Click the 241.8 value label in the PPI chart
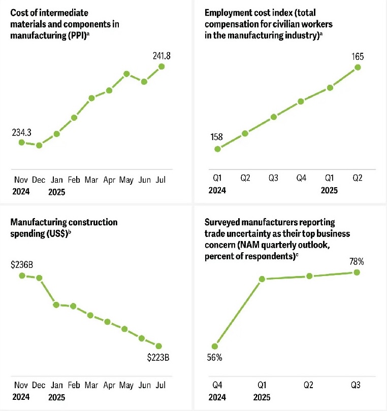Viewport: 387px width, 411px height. [162, 56]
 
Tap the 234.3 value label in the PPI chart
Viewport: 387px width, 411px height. [21, 132]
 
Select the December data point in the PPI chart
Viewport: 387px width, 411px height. [39, 145]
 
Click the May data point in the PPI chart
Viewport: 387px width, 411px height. [126, 74]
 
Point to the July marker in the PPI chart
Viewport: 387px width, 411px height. [162, 66]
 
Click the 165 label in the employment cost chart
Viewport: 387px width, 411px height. [359, 56]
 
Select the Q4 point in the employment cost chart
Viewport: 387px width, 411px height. [301, 101]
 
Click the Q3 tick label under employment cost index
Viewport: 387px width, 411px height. [273, 179]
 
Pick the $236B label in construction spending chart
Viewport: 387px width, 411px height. [21, 264]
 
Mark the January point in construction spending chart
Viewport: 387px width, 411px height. [56, 304]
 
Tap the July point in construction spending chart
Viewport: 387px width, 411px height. [159, 346]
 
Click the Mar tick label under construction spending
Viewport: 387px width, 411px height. [91, 385]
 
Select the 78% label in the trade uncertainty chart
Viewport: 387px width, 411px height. [357, 262]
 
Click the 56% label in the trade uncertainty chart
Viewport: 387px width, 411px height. [214, 358]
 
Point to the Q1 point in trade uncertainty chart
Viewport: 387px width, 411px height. [262, 279]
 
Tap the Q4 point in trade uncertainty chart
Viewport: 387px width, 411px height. [215, 346]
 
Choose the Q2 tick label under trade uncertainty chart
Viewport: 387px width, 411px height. [309, 385]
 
